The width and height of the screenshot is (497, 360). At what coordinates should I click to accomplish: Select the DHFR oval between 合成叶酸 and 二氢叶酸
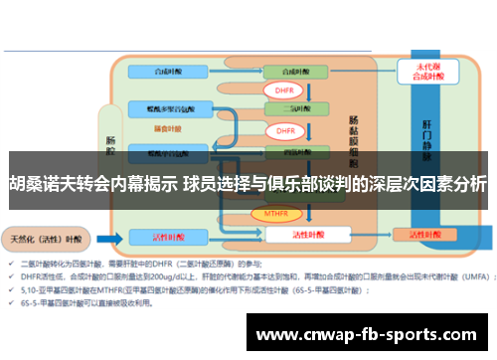tap(285, 90)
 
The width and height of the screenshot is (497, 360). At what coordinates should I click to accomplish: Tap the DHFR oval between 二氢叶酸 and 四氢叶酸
tap(285, 130)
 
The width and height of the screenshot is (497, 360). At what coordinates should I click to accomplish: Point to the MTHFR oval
tap(276, 213)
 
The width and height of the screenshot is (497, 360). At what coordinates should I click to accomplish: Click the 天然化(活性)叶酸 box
tap(45, 239)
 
